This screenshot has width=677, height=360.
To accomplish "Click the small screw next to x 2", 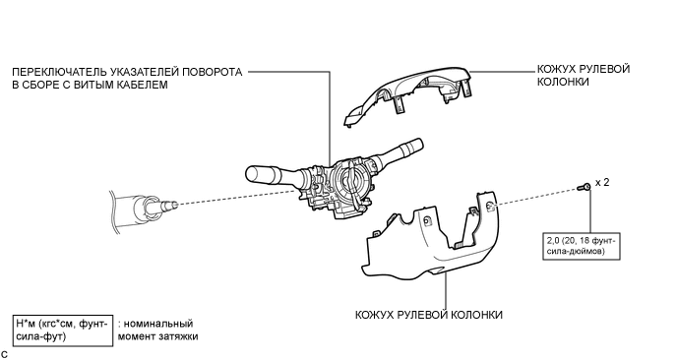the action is tap(585, 187).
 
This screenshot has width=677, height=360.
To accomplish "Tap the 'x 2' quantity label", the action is tap(602, 183).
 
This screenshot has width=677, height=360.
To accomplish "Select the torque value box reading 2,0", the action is tap(582, 246).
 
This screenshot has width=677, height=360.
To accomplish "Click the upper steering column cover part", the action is tap(408, 95).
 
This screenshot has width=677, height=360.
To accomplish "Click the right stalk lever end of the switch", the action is tap(416, 144).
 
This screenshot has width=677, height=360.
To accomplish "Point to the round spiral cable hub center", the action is tap(350, 179).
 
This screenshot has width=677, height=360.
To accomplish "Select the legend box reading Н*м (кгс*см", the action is tap(63, 330).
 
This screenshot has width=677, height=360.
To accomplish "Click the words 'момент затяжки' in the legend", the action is tap(157, 336).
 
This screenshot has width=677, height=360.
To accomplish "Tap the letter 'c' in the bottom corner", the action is tap(4, 354).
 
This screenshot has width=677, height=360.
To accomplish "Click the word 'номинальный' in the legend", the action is tap(158, 324).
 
